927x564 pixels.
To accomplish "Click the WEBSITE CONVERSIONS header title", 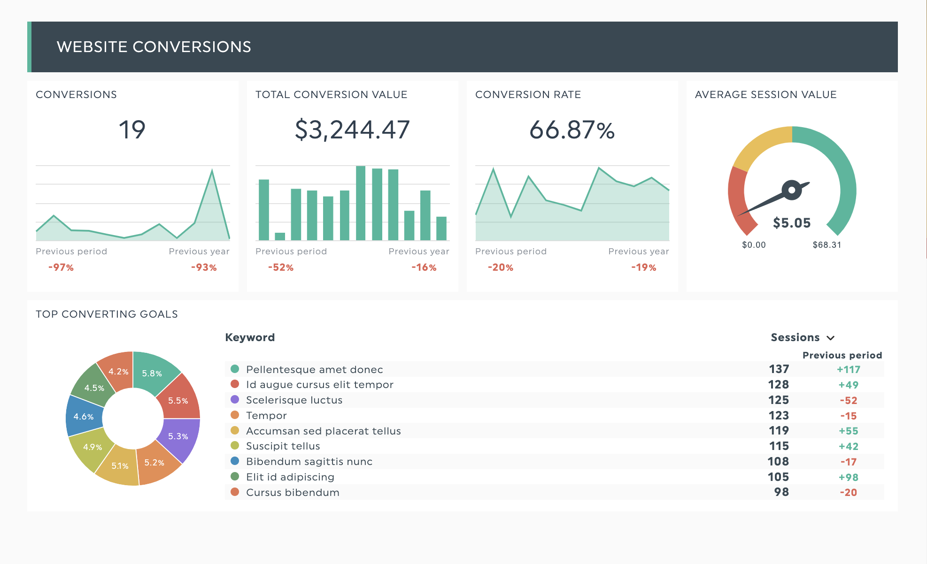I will [x=154, y=47].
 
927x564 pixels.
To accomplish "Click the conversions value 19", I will [x=132, y=130].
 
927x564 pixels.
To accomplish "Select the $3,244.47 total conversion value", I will [x=352, y=130].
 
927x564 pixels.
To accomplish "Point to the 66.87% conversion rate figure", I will [x=572, y=130].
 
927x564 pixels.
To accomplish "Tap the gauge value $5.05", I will [x=792, y=223].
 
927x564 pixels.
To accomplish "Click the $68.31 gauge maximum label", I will [x=827, y=245].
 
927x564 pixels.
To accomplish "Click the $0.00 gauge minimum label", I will [x=754, y=245].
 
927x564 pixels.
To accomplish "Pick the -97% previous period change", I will [x=61, y=267].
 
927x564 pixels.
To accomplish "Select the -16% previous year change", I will [x=424, y=267].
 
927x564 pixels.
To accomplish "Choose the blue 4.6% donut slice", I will [x=84, y=417].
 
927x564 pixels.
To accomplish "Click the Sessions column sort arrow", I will [x=830, y=338].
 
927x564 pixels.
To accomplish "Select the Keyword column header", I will [x=250, y=337].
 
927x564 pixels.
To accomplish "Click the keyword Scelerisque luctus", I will [x=294, y=400].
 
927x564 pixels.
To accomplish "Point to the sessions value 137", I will [x=779, y=369].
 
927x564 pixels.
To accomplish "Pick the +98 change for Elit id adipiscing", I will [x=848, y=477].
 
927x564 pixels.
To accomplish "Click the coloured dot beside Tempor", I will [x=235, y=415].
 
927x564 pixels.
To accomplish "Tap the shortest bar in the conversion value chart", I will [x=280, y=236].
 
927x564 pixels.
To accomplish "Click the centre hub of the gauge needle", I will [x=792, y=190].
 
